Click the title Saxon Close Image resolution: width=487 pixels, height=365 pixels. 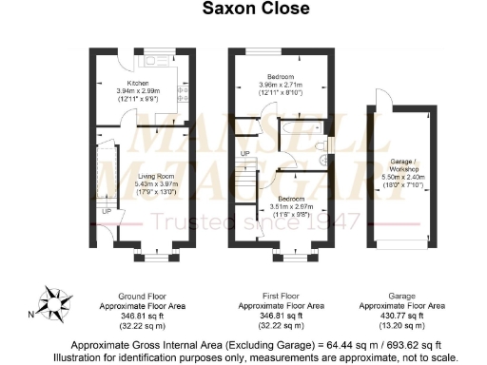click(243, 10)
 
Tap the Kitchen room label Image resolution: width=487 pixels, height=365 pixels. click(112, 84)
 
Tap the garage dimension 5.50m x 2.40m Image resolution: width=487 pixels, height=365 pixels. click(410, 179)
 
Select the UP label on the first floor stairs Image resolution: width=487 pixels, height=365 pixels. click(245, 153)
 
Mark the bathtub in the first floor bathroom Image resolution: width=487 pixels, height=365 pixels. click(295, 126)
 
